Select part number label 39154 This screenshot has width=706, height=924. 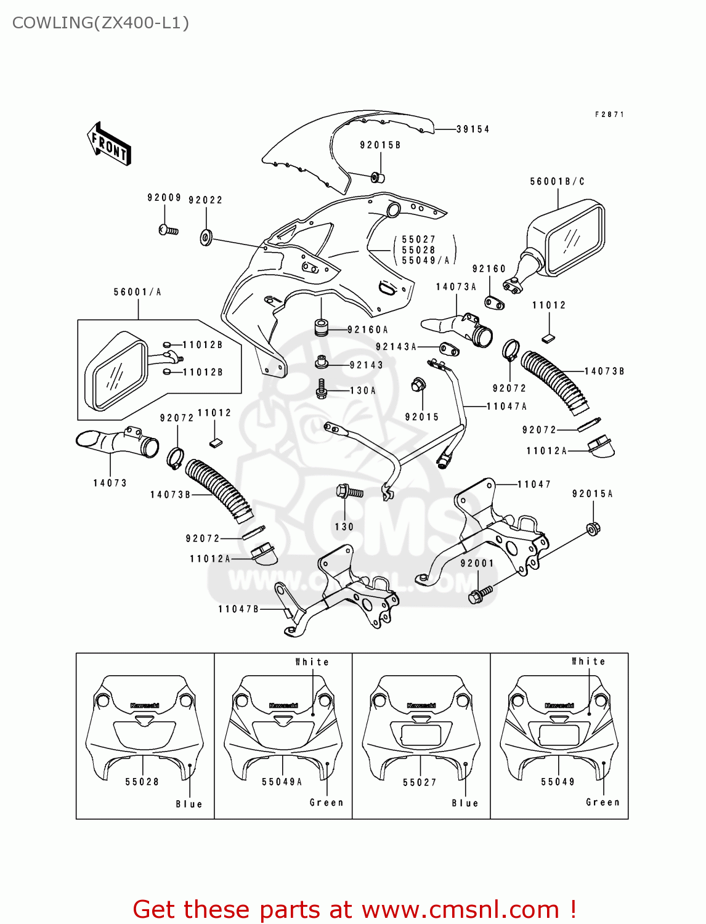[x=473, y=129]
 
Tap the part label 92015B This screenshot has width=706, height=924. [x=380, y=145]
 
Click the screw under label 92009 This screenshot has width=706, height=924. [x=168, y=230]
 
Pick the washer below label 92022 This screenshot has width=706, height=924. [x=206, y=237]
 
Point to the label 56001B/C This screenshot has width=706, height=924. [x=557, y=182]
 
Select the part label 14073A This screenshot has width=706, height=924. [x=456, y=287]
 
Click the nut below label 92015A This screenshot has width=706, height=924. [x=593, y=529]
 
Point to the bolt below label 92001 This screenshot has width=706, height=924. [x=481, y=594]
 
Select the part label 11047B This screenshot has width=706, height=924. [x=238, y=609]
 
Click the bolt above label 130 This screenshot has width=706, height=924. [x=348, y=492]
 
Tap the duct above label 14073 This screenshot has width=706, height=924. [x=117, y=442]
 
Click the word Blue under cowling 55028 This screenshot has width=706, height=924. [x=189, y=804]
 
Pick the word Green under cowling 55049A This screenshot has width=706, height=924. [x=327, y=803]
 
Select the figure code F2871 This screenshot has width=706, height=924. [x=609, y=115]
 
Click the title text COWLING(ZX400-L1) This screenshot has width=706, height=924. [x=100, y=23]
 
